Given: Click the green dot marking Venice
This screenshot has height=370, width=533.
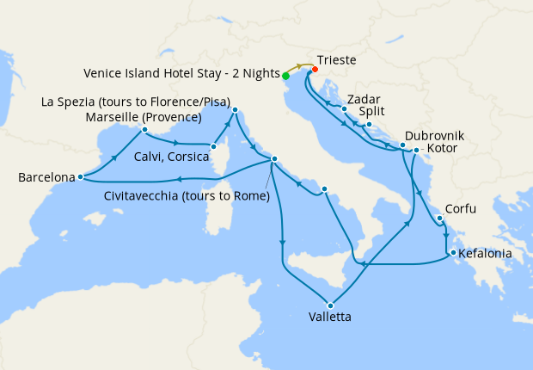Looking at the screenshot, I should click(285, 76).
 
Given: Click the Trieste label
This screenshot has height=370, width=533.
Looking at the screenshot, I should click(337, 60).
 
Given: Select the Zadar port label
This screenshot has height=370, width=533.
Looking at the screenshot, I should click(365, 97).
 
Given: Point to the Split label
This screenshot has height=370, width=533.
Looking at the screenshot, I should click(372, 111).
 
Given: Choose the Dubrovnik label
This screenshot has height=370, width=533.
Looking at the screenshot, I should click(434, 136).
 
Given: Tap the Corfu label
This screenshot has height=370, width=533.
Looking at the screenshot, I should click(460, 209).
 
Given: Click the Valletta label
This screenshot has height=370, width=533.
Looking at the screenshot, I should click(328, 317).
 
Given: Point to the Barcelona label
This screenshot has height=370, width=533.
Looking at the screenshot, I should click(46, 178).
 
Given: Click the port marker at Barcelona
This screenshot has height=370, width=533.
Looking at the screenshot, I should click(80, 177).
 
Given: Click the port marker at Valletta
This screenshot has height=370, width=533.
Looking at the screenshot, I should click(329, 304).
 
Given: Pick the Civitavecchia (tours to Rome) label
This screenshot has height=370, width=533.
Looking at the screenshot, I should click(187, 196).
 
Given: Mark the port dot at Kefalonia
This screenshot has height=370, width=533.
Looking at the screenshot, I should click(450, 253).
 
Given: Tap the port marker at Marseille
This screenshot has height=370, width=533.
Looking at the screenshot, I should click(144, 130).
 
